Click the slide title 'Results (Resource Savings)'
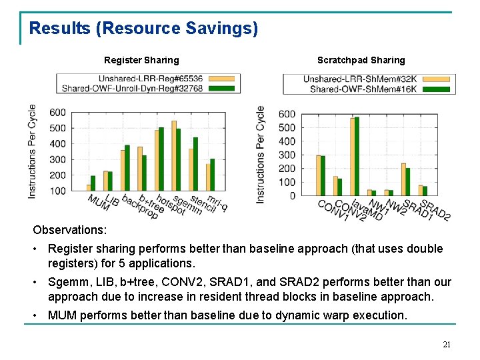coord(143,29)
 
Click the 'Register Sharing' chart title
coord(141,60)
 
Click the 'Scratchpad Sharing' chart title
coord(361,60)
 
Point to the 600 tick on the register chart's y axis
coord(57,113)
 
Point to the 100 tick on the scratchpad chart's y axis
coord(287,182)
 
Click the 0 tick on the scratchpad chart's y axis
coord(292,196)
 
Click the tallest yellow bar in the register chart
coord(174,155)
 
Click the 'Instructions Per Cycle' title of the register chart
coord(32,151)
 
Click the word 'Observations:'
coord(69,229)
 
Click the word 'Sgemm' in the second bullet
coord(65,281)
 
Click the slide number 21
coord(447,345)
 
